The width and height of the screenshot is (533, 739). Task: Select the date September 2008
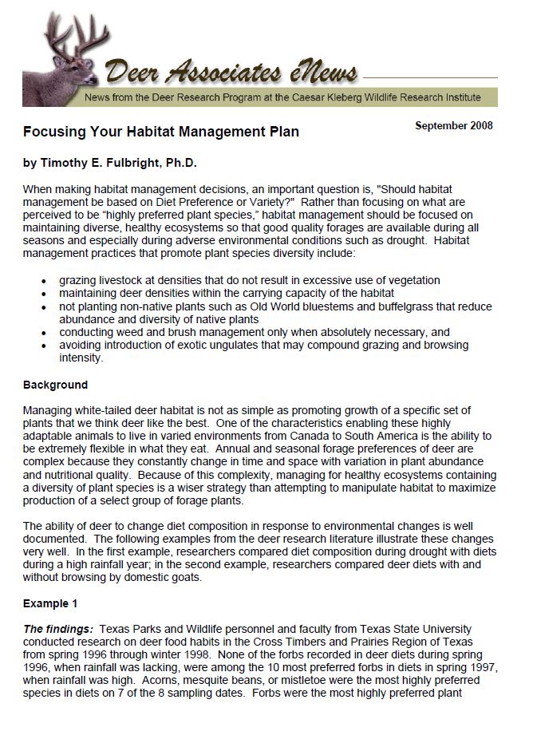pyautogui.click(x=454, y=125)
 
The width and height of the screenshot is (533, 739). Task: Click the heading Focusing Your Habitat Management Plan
pyautogui.click(x=160, y=131)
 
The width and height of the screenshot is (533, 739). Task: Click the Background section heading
pyautogui.click(x=55, y=385)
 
